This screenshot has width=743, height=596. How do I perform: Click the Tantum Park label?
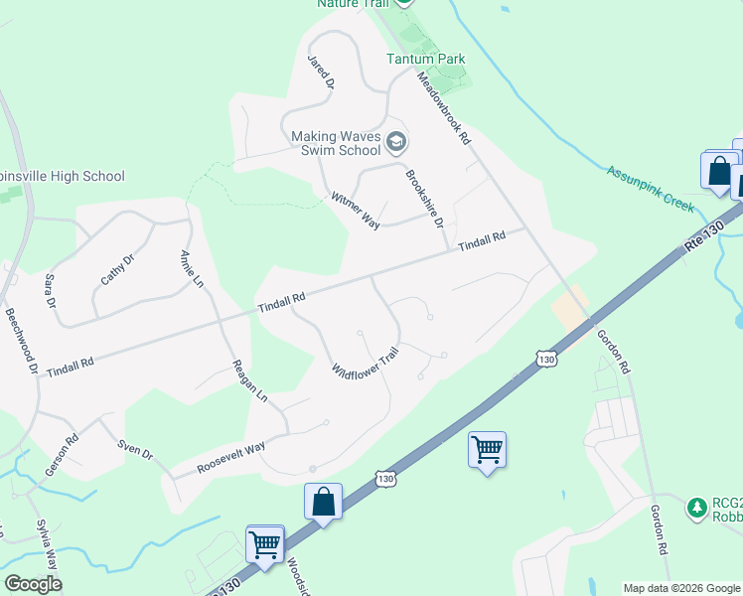tap(425, 59)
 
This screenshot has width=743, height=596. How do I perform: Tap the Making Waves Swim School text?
tap(336, 143)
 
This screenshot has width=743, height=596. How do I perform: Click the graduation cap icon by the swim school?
tap(396, 143)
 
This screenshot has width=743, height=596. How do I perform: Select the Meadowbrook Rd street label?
tap(443, 109)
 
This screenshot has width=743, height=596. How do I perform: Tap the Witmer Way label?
tap(356, 210)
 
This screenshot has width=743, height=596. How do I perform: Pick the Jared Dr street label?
tap(320, 73)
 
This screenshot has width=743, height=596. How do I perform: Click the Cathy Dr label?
tap(117, 269)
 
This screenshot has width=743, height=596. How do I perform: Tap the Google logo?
tap(33, 584)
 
